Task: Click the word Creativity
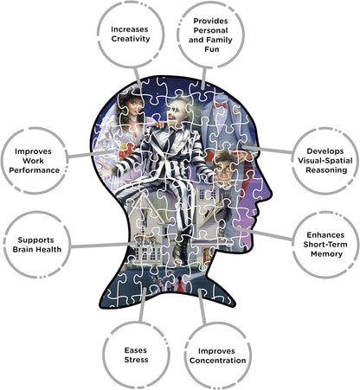(x=131, y=39)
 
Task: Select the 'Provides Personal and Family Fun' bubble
(x=210, y=35)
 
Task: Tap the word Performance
(x=35, y=170)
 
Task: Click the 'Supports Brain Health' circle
(x=37, y=245)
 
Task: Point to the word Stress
(x=136, y=360)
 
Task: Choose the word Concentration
(x=218, y=361)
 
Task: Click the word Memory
(x=326, y=254)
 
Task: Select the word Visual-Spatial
(x=325, y=161)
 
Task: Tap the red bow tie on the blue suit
(x=220, y=105)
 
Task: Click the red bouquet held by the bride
(x=127, y=150)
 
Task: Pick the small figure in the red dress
(x=179, y=284)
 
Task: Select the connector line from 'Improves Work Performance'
(x=92, y=154)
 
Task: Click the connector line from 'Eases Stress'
(x=143, y=304)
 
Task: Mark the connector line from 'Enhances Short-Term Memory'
(x=264, y=233)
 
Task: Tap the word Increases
(x=130, y=29)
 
